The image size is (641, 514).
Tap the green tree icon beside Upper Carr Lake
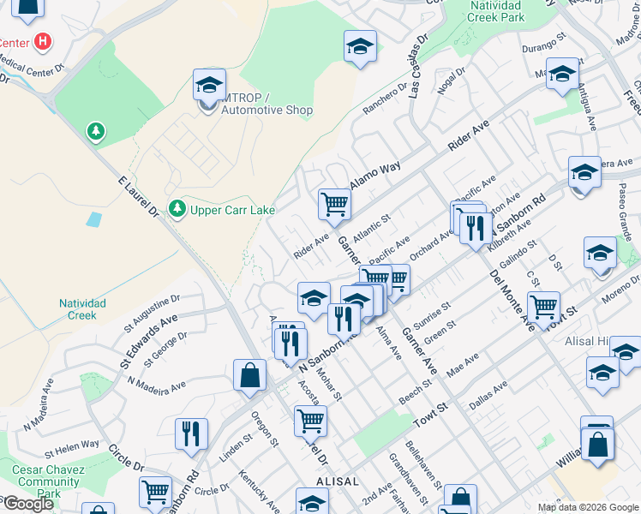tap(177, 208)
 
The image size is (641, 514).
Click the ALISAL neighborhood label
tap(337, 481)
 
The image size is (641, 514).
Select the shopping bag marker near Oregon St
tap(249, 375)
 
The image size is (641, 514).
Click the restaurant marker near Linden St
tap(190, 433)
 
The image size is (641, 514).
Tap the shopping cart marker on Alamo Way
tap(333, 204)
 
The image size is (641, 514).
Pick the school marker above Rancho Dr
tap(360, 46)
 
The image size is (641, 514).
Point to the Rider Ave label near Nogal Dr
tap(469, 136)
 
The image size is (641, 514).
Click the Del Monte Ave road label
tap(512, 301)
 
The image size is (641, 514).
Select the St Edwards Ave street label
tap(148, 340)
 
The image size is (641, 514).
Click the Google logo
tap(28, 504)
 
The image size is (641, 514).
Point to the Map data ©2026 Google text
tap(588, 507)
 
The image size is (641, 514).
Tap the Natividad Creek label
tap(82, 309)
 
